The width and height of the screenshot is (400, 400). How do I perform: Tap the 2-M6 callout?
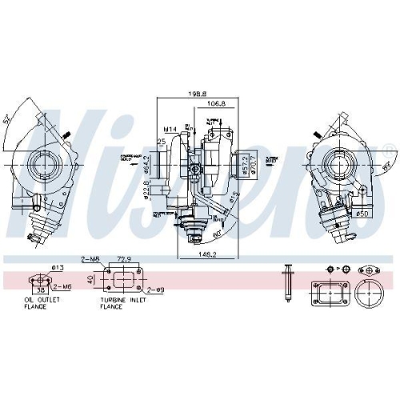[62, 286]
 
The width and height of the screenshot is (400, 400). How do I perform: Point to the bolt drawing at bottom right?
[286, 281]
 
